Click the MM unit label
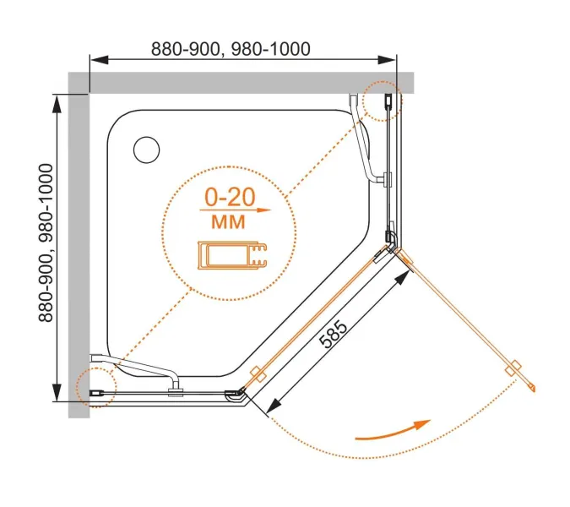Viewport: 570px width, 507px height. click(225, 222)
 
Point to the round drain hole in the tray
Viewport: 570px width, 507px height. click(145, 150)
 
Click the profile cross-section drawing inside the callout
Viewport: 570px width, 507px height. click(230, 255)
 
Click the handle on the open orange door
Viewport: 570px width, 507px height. click(511, 368)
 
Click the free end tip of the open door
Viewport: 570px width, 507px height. click(533, 388)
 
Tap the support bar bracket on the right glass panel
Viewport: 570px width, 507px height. click(386, 180)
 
